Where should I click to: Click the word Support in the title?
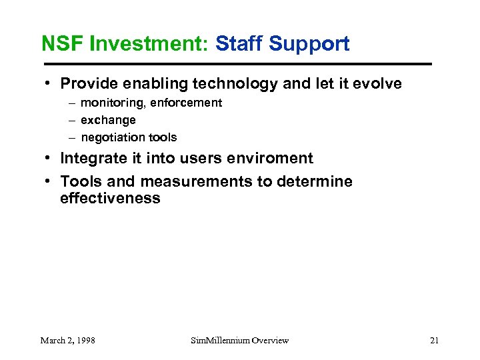[309, 44]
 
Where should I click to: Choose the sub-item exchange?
[108, 121]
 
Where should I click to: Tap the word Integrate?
[92, 159]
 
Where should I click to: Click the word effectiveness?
[110, 199]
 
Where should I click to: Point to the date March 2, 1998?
[67, 341]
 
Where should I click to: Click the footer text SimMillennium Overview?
[239, 341]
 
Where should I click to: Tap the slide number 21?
[434, 341]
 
